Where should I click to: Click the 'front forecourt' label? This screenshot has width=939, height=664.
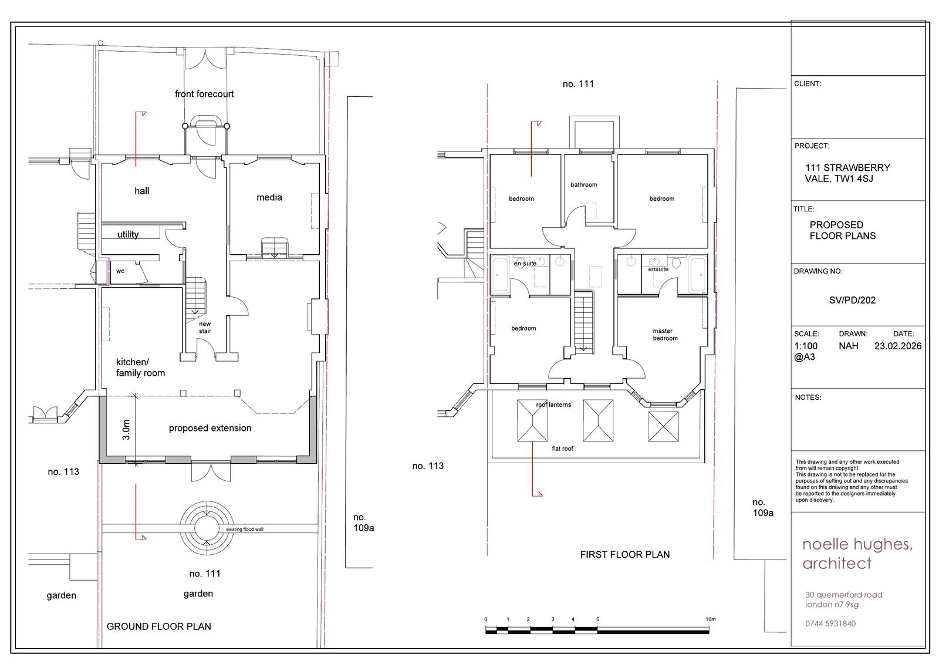(x=204, y=94)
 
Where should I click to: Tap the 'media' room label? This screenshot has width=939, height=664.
(x=269, y=197)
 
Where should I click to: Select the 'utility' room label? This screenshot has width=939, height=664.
(x=128, y=234)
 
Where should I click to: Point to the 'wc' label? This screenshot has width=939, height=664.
(x=120, y=271)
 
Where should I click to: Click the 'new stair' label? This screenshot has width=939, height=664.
(x=205, y=327)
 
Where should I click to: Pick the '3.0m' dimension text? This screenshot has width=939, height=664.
(x=126, y=430)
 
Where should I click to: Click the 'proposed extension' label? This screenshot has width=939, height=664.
(x=210, y=428)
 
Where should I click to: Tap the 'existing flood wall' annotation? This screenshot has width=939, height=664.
(x=245, y=530)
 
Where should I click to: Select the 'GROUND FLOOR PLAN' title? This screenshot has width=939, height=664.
(x=159, y=626)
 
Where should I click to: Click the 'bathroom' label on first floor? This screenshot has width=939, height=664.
(x=583, y=184)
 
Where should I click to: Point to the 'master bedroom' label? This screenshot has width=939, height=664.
(x=665, y=334)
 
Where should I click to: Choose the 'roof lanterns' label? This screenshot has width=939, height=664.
(x=553, y=405)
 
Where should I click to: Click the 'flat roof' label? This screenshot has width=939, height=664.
(x=562, y=449)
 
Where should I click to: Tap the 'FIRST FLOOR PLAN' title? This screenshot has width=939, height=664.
(x=624, y=555)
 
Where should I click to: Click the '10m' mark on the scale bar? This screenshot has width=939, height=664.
(x=711, y=619)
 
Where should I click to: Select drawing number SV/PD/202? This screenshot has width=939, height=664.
(x=852, y=301)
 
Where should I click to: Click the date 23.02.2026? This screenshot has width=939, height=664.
(x=898, y=346)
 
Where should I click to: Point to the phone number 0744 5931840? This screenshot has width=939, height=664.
(x=830, y=623)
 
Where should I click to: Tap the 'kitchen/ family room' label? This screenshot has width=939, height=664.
(x=140, y=368)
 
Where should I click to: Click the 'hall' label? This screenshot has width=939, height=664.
(x=141, y=191)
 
